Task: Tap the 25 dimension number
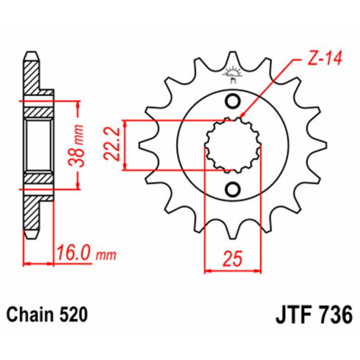click(233, 259)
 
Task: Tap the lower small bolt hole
click(233, 189)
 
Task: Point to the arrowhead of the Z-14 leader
click(243, 116)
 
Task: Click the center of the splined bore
click(233, 145)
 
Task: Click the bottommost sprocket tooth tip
click(233, 237)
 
